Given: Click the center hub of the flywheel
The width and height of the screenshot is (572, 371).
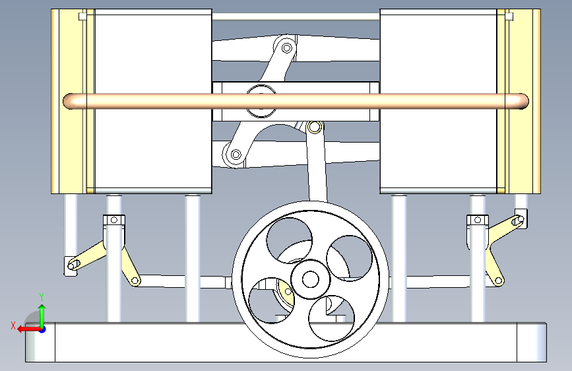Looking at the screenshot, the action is pyautogui.click(x=309, y=279).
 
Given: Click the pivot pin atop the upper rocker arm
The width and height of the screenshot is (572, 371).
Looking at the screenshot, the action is pyautogui.click(x=287, y=48).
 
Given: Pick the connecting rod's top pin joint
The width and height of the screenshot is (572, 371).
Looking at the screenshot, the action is pyautogui.click(x=315, y=127).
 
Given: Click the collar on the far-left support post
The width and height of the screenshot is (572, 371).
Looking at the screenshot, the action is pyautogui.click(x=113, y=220).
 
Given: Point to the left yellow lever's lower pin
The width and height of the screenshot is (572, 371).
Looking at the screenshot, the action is pyautogui.click(x=137, y=281).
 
